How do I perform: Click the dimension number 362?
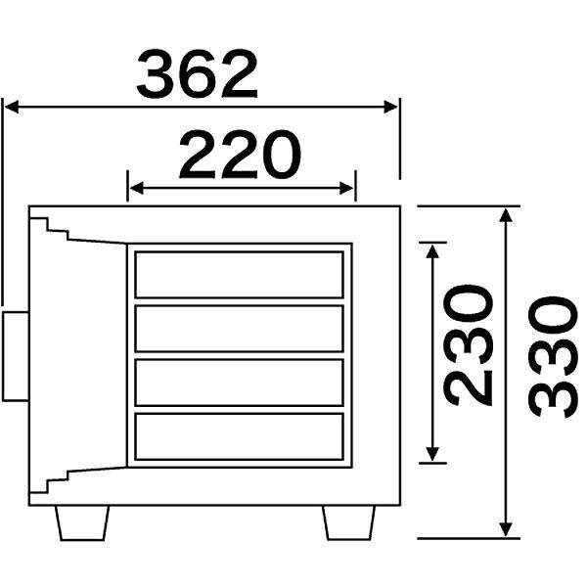[x=198, y=73]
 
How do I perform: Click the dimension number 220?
[x=240, y=155]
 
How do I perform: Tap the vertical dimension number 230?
[x=468, y=345]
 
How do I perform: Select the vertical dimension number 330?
[x=553, y=357]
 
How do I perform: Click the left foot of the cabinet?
[x=82, y=523]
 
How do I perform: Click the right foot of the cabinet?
[x=349, y=523]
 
